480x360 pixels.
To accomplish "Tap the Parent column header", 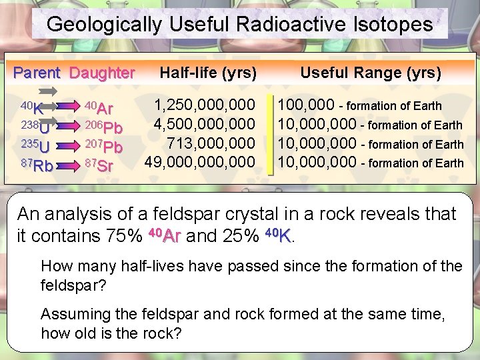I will [x=37, y=73].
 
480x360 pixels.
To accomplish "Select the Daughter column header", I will [x=102, y=73].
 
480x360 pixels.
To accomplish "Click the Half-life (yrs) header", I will [x=208, y=73].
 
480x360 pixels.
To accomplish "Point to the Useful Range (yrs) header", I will [x=371, y=73].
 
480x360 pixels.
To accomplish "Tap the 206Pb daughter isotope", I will [x=104, y=127].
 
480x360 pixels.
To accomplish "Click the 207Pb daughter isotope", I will [x=104, y=146].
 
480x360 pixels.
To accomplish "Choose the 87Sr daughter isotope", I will [x=100, y=165].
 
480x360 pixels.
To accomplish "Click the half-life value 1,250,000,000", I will [x=205, y=105].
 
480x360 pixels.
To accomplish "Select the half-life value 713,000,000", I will [x=211, y=143].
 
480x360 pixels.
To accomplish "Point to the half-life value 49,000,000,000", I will [x=200, y=162].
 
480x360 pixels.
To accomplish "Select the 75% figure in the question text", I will [x=123, y=236].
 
